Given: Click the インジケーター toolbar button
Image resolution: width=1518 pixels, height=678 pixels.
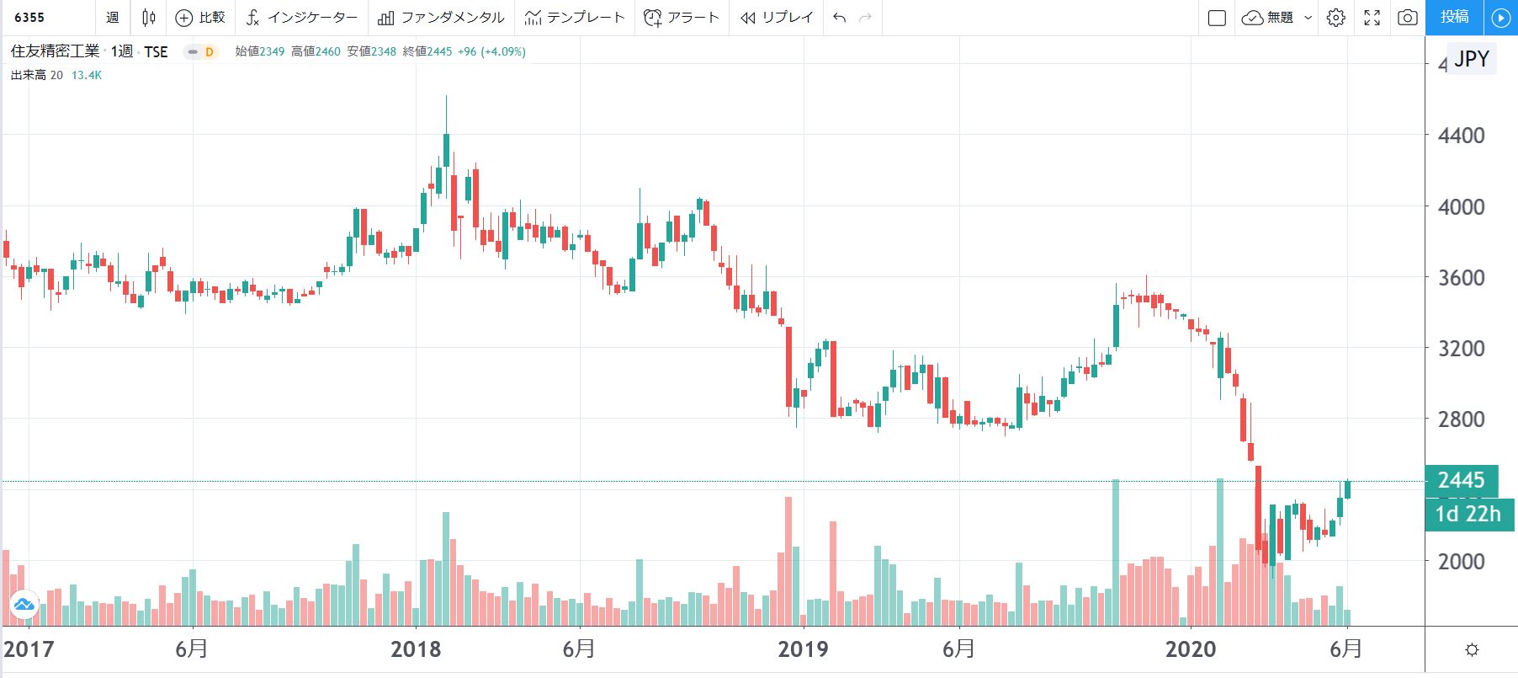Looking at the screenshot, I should pyautogui.click(x=302, y=18).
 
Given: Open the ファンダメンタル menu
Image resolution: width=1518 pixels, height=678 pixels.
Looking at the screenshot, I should pyautogui.click(x=442, y=18).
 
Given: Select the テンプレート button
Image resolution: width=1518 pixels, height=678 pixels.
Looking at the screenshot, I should pyautogui.click(x=576, y=18).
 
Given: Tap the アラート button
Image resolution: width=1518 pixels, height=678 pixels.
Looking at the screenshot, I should pyautogui.click(x=682, y=18).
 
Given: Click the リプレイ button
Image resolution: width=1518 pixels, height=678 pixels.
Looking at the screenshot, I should pyautogui.click(x=777, y=18).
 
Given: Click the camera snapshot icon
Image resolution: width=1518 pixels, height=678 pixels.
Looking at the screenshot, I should pyautogui.click(x=1407, y=18).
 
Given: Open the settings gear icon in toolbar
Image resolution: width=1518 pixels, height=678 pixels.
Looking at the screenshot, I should pyautogui.click(x=1335, y=18).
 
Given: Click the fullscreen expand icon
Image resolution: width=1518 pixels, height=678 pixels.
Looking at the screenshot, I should pyautogui.click(x=1372, y=18).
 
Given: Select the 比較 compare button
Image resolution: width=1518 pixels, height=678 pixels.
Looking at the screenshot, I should pyautogui.click(x=200, y=18).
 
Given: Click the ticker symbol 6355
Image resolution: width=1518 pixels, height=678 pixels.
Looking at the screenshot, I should pyautogui.click(x=29, y=18).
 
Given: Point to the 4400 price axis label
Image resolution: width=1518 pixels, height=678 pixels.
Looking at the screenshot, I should pyautogui.click(x=1461, y=136).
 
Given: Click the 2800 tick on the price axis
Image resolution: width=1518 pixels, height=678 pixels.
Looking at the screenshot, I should pyautogui.click(x=1461, y=419).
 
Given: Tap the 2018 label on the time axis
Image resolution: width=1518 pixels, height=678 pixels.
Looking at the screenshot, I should pyautogui.click(x=416, y=649).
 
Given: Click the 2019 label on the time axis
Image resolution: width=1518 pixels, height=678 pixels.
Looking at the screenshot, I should pyautogui.click(x=803, y=649).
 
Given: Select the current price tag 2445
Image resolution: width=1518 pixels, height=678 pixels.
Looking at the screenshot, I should pyautogui.click(x=1461, y=480).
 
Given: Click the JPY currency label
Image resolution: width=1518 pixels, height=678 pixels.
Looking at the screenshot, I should pyautogui.click(x=1472, y=59).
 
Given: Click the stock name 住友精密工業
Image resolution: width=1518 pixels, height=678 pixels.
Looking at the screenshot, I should pyautogui.click(x=55, y=51).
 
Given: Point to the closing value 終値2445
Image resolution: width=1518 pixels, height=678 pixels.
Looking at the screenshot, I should pyautogui.click(x=427, y=51).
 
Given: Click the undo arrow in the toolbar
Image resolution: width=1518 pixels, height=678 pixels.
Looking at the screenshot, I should pyautogui.click(x=839, y=18).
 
